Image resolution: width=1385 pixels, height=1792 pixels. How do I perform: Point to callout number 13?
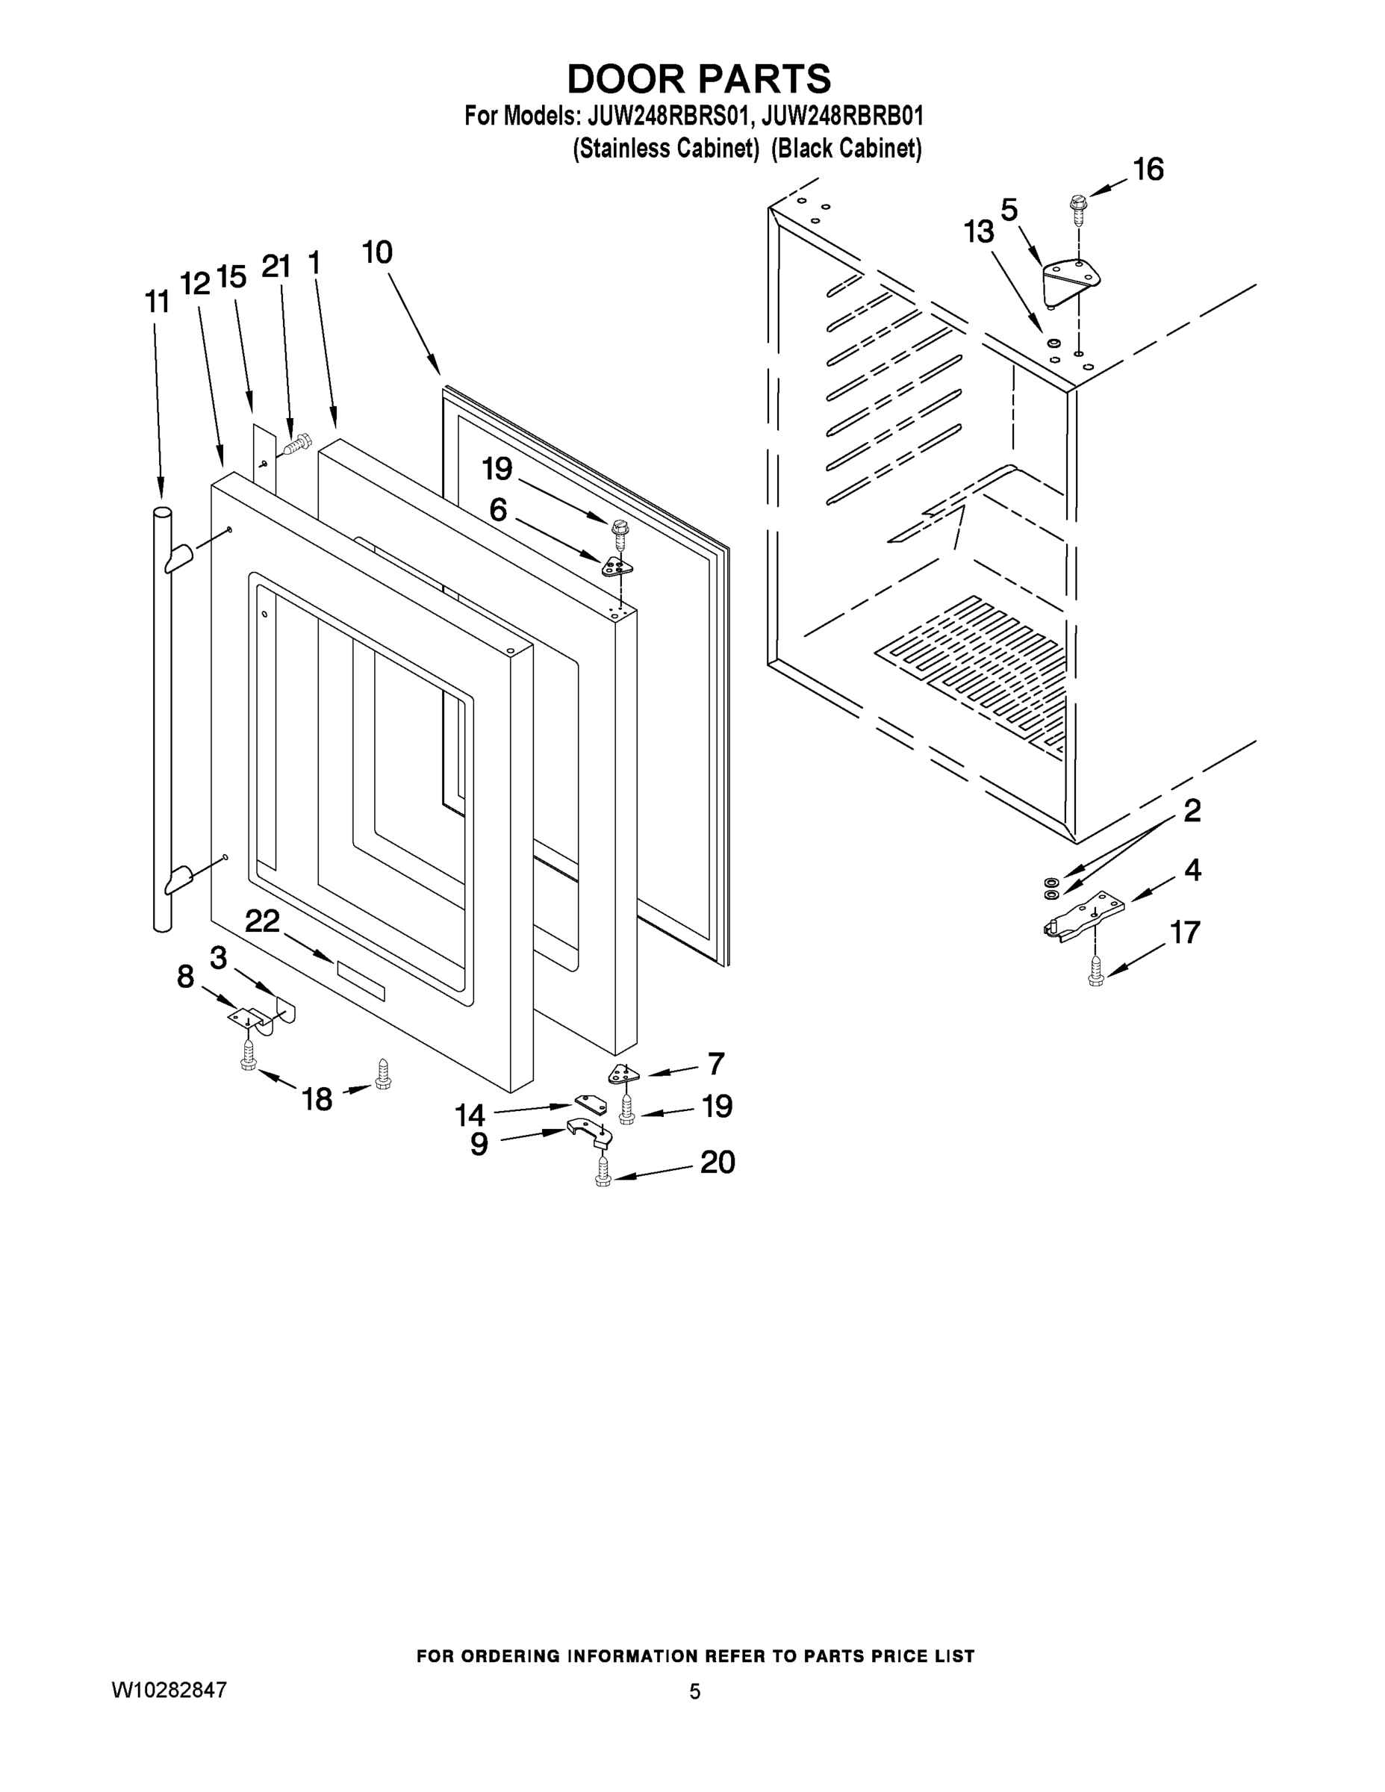coord(979,232)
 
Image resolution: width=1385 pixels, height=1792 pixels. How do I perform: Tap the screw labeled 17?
coord(1095,974)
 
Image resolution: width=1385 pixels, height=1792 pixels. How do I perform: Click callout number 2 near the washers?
coord(1192,811)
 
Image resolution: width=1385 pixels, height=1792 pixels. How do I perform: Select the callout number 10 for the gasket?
coord(378,252)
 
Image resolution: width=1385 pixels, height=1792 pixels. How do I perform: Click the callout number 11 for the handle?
coord(157,302)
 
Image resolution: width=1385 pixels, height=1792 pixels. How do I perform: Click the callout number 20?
coord(717,1162)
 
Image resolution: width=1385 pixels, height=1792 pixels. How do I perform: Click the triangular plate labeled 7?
coord(623,1073)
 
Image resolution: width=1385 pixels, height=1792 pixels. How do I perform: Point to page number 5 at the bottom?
coord(694,1691)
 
